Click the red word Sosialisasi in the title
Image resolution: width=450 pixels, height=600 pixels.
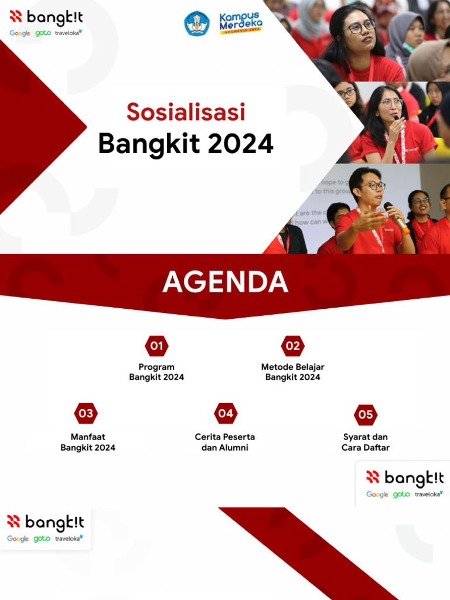186,112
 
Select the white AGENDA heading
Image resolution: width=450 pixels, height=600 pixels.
225,282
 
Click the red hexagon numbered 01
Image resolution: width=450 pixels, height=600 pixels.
156,346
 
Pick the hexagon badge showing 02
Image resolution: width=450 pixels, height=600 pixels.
292,346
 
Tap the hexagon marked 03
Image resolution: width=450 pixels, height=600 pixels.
86,414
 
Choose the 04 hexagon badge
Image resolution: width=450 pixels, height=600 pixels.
225,414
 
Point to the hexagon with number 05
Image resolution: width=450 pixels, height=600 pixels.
365,415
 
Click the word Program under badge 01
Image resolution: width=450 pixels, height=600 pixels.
156,367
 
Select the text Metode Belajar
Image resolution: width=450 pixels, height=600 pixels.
292,367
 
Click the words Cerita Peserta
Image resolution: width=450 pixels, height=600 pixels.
225,437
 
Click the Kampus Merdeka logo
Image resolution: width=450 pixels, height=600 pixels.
241,23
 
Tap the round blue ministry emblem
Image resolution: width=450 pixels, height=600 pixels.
197,24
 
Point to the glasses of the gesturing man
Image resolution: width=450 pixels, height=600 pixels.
373,186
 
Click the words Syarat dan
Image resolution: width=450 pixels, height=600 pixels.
365,437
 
